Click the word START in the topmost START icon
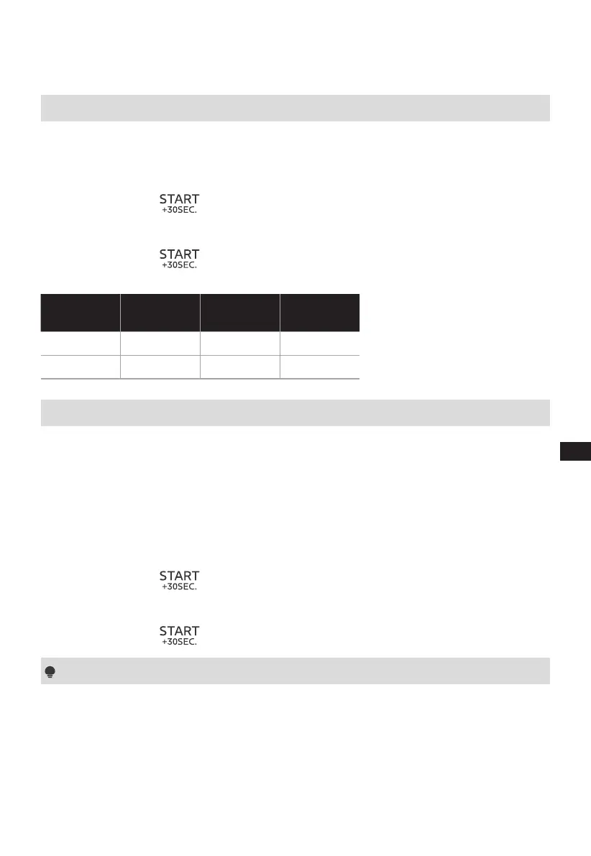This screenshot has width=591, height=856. coord(179,199)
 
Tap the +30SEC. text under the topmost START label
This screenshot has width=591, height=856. coord(179,210)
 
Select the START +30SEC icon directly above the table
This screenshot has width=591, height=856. coord(179,258)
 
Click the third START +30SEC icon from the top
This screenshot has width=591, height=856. coord(179,580)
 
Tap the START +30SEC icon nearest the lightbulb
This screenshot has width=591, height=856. coord(179,635)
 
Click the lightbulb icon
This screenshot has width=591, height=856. coord(50,672)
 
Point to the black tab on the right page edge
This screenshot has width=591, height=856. coord(575,451)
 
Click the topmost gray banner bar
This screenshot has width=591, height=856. coord(295,108)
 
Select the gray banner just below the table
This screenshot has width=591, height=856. coord(295,413)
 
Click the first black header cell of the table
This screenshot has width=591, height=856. coord(81,312)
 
